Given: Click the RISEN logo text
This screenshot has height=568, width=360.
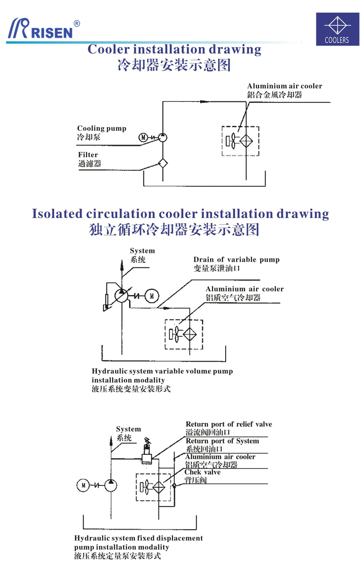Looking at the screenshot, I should click(x=53, y=32).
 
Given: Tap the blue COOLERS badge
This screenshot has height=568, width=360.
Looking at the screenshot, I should click(x=337, y=29).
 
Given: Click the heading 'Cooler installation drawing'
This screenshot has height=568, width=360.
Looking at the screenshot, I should click(x=174, y=50).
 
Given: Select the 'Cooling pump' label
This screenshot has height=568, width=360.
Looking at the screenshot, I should click(x=102, y=129).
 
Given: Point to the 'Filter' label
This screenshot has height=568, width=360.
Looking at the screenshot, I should click(x=88, y=155).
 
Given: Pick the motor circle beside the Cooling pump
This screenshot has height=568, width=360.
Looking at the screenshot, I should click(x=143, y=138).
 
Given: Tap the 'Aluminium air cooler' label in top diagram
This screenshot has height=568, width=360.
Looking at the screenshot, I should click(x=285, y=86).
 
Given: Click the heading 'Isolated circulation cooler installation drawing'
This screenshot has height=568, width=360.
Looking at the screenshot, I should click(x=180, y=214).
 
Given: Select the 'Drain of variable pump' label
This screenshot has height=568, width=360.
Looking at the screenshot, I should click(x=237, y=260).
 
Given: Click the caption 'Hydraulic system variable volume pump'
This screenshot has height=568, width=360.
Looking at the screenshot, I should click(x=162, y=371).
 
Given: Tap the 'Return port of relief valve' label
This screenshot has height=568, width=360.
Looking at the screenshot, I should click(x=229, y=424).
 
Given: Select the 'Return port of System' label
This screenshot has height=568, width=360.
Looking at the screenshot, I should click(x=222, y=441).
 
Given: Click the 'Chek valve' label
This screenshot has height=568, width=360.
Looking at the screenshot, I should click(x=203, y=472).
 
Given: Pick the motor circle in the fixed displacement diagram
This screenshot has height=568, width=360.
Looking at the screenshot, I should click(x=83, y=485).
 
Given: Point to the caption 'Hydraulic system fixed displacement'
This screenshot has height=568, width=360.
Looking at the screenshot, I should click(x=138, y=538).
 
